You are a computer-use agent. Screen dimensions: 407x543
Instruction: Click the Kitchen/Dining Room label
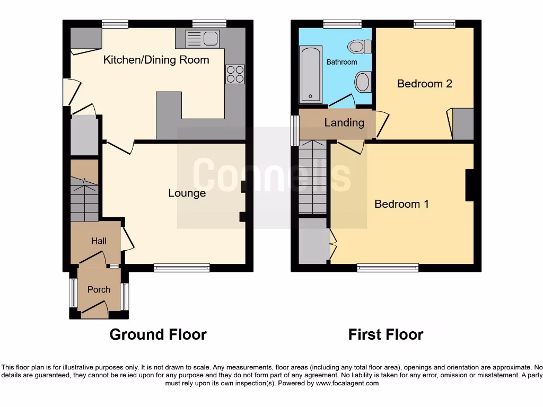pyautogui.click(x=156, y=59)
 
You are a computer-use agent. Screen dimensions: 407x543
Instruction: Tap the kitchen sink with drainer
pyautogui.click(x=202, y=38)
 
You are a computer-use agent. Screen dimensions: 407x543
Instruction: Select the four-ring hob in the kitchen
pyautogui.click(x=235, y=74)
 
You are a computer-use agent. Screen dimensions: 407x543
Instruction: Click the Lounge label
pyautogui.click(x=187, y=193)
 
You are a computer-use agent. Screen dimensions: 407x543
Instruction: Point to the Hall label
pyautogui.click(x=99, y=241)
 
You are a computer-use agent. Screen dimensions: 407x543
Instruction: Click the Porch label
pyautogui.click(x=99, y=289)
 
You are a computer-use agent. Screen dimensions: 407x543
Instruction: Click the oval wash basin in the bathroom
pyautogui.click(x=363, y=82)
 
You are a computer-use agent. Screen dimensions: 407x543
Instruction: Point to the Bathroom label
pyautogui.click(x=341, y=62)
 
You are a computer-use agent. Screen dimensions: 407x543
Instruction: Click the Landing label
pyautogui.click(x=344, y=123)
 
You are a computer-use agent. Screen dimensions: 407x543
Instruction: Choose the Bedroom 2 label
pyautogui.click(x=424, y=83)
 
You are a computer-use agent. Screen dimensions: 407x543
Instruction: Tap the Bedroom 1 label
pyautogui.click(x=401, y=203)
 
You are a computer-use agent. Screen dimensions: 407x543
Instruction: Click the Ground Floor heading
pyautogui.click(x=158, y=334)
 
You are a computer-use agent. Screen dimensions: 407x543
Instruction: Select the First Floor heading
pyautogui.click(x=386, y=334)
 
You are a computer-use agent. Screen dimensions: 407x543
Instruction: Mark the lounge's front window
pyautogui.click(x=181, y=268)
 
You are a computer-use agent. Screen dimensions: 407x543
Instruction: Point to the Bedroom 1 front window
pyautogui.click(x=388, y=268)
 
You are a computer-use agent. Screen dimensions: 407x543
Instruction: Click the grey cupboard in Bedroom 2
pyautogui.click(x=462, y=123)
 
